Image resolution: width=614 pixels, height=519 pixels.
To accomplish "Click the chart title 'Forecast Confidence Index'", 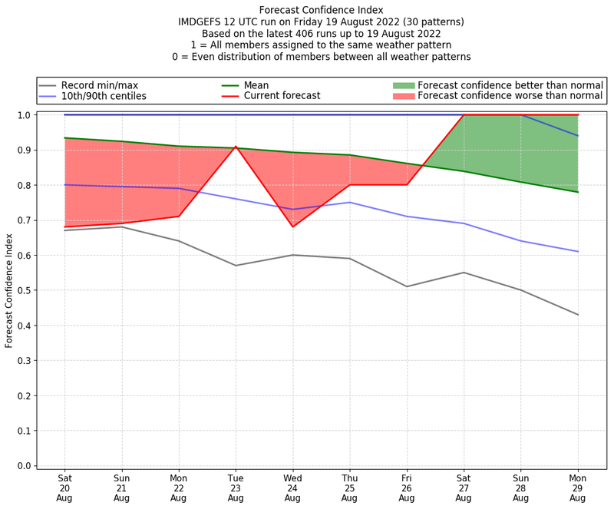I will [x=321, y=10].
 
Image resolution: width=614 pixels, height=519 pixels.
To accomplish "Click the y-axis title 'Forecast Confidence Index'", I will [x=9, y=289].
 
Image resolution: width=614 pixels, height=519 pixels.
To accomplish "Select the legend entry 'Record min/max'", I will [x=99, y=85].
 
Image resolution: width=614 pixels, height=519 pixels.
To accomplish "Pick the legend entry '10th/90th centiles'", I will [x=104, y=96].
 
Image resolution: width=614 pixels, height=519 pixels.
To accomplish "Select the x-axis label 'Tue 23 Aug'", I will [x=236, y=487].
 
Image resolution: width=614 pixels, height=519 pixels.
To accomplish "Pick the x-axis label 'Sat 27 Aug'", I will [x=464, y=487].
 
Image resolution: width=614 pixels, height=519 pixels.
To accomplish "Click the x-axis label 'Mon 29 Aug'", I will [x=578, y=487].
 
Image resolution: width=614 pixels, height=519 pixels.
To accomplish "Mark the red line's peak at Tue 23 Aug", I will [x=236, y=147].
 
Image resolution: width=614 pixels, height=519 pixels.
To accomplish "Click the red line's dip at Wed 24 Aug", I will [x=292, y=226].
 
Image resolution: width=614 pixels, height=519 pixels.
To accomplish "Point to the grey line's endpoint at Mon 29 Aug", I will [x=578, y=315].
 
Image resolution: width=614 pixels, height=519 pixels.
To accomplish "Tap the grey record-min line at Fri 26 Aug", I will [x=407, y=286].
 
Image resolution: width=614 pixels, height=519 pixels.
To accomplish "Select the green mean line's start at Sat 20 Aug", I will [x=64, y=138].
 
